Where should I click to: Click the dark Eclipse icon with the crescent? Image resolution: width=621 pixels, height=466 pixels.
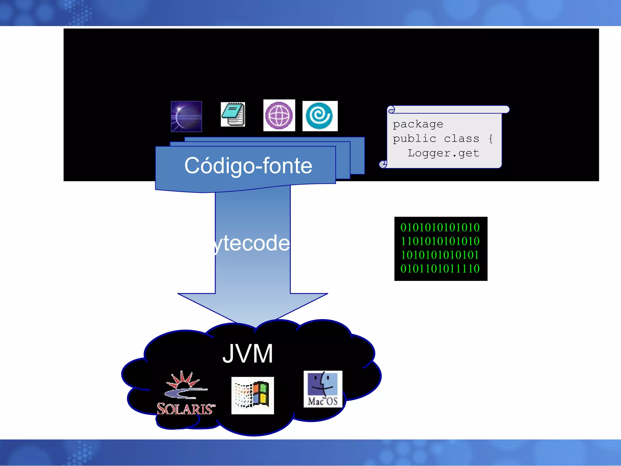coord(186,116)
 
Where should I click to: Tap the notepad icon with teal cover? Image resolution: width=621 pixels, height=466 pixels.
coord(233,114)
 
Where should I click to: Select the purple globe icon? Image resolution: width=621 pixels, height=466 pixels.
coord(279,115)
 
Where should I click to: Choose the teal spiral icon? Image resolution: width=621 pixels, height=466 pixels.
coord(320,116)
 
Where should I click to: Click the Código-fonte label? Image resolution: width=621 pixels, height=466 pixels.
coord(248,166)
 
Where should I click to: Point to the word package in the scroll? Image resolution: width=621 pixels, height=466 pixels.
coord(418,124)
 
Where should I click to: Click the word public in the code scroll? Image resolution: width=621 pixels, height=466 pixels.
coord(414,139)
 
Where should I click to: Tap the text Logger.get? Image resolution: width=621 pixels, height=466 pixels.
coord(443,153)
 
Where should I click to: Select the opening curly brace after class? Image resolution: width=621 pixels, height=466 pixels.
coord(490,139)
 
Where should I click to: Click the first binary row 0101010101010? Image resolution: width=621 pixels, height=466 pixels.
coord(440,227)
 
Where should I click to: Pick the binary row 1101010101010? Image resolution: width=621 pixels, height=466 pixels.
coord(440,241)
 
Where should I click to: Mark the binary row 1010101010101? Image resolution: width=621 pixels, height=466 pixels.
coord(440,255)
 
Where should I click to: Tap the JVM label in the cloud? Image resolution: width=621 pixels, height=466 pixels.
coord(247,354)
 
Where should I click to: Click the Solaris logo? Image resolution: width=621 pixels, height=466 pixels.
coord(185,393)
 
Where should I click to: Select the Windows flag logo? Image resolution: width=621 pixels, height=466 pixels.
coord(253,395)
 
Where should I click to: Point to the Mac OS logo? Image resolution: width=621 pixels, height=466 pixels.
coord(323,389)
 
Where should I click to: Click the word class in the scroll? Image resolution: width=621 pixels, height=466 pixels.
coord(461,139)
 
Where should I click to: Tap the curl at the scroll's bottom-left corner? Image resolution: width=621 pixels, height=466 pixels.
coord(383,164)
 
